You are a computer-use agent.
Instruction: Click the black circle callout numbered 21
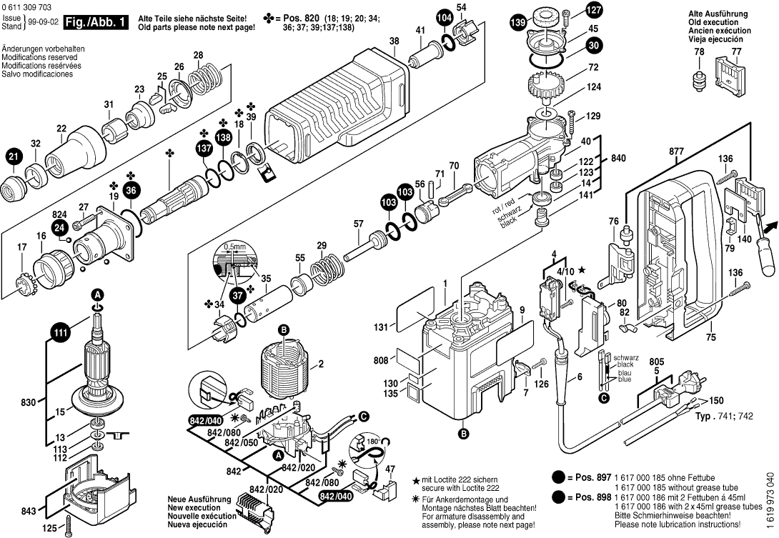coord(14,156)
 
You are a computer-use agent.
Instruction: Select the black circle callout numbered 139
coord(517,24)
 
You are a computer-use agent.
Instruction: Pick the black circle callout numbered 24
coord(59,228)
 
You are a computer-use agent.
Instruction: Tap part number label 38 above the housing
coord(394,41)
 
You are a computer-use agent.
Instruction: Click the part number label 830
coord(28,403)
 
